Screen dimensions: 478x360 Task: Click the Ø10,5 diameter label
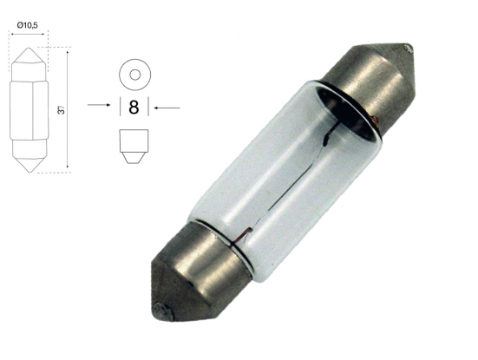tap(28, 26)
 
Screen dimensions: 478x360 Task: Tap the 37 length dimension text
tap(62, 110)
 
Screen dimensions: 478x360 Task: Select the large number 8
tap(134, 108)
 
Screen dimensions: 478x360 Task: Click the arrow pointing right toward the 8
tap(99, 105)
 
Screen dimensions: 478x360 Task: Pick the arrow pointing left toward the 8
tap(167, 108)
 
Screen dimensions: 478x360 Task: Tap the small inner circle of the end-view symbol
tap(134, 75)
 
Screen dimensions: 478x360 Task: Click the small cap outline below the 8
tap(134, 147)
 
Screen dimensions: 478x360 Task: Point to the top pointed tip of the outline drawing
tap(29, 48)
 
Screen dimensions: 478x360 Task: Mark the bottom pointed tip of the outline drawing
tap(29, 172)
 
